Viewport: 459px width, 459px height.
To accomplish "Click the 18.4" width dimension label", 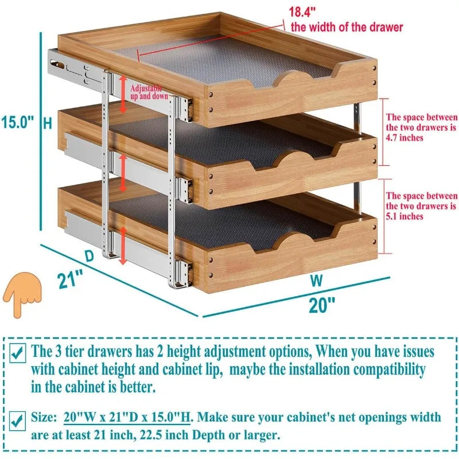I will point(305,11).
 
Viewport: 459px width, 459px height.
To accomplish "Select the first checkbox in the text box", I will point(18,352).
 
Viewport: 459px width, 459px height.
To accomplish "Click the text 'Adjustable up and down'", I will point(146,92).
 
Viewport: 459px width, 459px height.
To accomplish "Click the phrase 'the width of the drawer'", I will point(347,27).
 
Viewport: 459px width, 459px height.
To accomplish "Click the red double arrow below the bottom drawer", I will point(122,246).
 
